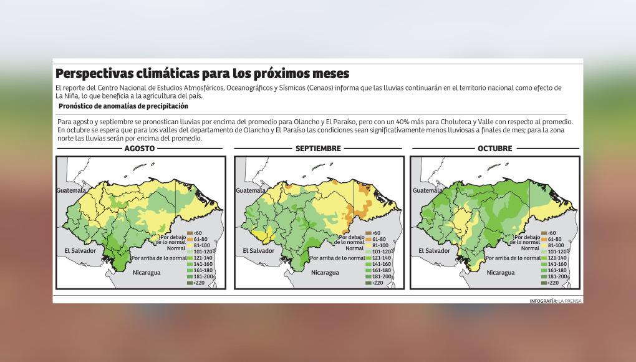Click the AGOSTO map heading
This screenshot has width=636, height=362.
[140, 149]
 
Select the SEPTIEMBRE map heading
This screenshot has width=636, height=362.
[318, 149]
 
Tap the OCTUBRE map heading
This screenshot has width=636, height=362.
[494, 149]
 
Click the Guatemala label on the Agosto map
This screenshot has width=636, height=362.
[71, 190]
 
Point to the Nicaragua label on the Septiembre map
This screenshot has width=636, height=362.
[325, 273]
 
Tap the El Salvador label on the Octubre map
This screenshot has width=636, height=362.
[434, 251]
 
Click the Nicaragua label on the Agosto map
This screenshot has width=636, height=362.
[147, 273]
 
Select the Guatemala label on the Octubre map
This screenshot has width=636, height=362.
[428, 190]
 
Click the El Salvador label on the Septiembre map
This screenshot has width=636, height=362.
[258, 251]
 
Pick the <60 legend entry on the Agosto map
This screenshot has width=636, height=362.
[198, 233]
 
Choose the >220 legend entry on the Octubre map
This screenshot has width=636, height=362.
[551, 283]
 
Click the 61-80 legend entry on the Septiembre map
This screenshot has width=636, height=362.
[375, 239]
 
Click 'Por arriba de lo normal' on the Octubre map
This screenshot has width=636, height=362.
[513, 258]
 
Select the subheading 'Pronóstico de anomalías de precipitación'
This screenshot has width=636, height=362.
[123, 106]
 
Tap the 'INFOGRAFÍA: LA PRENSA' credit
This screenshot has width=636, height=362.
[555, 301]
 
